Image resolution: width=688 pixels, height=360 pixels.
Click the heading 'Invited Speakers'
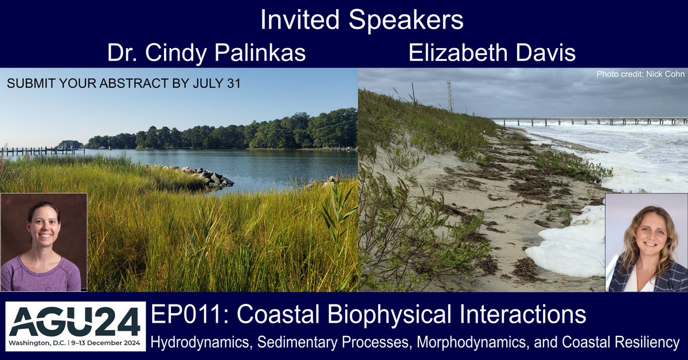[x=361, y=21]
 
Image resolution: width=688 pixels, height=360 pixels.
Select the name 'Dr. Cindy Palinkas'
[x=206, y=54]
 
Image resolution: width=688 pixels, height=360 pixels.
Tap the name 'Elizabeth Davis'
[x=492, y=54]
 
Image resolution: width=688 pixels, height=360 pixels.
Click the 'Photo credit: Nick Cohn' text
[x=640, y=75]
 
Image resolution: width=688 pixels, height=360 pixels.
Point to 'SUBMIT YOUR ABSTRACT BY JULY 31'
[x=123, y=84]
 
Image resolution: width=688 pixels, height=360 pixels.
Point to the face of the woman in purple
[x=44, y=229]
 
